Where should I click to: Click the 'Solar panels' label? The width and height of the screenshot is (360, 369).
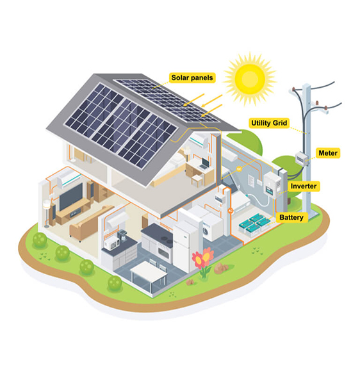[192, 78]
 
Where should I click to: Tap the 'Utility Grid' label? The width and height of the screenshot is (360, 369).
[269, 123]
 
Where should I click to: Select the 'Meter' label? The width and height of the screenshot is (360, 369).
[328, 153]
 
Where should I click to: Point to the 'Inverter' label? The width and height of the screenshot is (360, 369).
[304, 186]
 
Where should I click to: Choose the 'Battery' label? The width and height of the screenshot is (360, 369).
[291, 217]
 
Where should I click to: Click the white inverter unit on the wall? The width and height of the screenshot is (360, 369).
[272, 184]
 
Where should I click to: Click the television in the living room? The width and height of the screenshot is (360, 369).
[71, 197]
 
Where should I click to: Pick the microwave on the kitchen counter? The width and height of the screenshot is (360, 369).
[111, 243]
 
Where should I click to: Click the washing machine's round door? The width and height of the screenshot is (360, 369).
[206, 231]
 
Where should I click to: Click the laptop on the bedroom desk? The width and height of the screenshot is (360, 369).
[204, 163]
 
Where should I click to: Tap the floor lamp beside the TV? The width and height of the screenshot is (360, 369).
[47, 213]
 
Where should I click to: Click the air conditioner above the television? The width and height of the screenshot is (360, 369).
[69, 179]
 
